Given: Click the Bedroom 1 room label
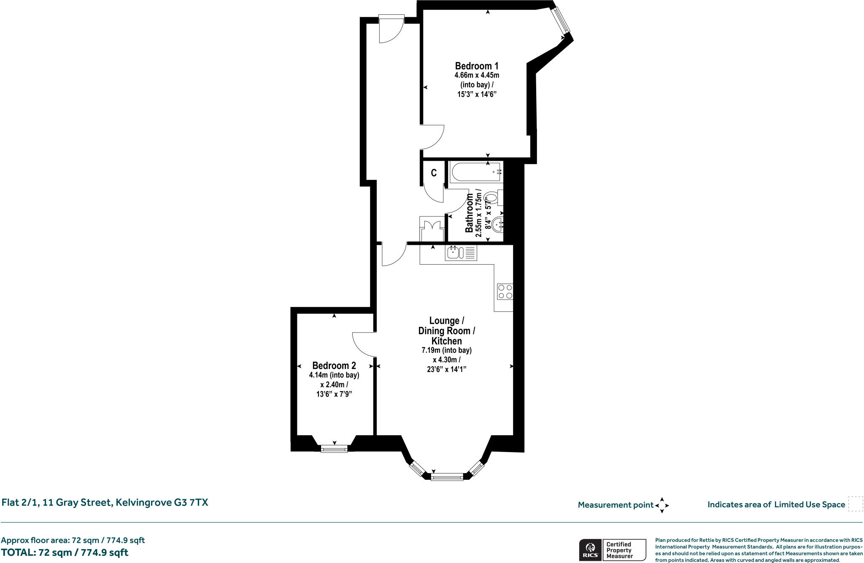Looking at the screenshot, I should pyautogui.click(x=476, y=66).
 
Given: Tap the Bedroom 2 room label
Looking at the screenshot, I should pyautogui.click(x=334, y=365).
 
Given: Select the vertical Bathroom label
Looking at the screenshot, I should pyautogui.click(x=469, y=213).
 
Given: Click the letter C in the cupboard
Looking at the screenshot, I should pyautogui.click(x=433, y=173).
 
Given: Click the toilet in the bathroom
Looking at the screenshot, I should pyautogui.click(x=492, y=197).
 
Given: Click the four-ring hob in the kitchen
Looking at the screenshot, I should pyautogui.click(x=505, y=291).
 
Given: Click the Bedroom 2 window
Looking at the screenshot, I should pyautogui.click(x=334, y=449).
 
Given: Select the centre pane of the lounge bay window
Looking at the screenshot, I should pyautogui.click(x=447, y=477).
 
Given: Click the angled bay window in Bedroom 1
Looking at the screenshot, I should pyautogui.click(x=562, y=20).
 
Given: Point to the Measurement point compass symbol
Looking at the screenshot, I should pyautogui.click(x=661, y=505).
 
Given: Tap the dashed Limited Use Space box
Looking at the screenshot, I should pyautogui.click(x=855, y=504).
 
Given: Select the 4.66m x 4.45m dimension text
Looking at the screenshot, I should pyautogui.click(x=476, y=76).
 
